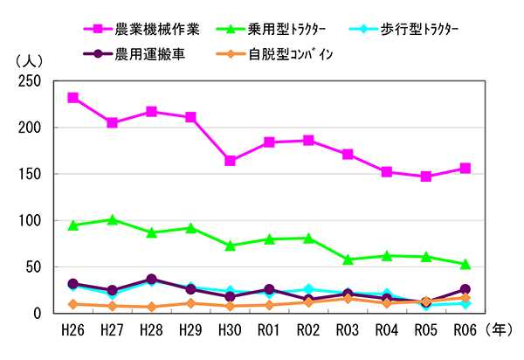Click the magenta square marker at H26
coord(73,98)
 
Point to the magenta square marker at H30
coord(231,161)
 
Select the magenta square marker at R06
coord(465,168)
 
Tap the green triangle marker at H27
coord(113,219)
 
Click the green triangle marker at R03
coord(348,259)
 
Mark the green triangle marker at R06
coord(465,263)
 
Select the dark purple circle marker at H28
coord(152,280)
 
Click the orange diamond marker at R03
coord(348,298)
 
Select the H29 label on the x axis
coord(191,330)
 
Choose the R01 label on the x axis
coord(270,330)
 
